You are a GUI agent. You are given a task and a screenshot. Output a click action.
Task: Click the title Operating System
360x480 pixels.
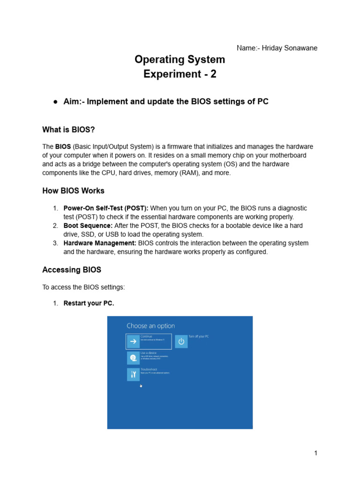180,60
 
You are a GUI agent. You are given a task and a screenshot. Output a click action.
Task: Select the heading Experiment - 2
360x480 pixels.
180,74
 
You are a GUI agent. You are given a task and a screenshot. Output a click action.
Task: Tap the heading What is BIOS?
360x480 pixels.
72,129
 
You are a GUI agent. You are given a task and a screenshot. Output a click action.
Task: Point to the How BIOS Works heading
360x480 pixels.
73,191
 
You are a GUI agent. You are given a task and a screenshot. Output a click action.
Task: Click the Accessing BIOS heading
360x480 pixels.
72,270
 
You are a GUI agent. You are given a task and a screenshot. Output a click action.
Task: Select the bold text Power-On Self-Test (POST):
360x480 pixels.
106,208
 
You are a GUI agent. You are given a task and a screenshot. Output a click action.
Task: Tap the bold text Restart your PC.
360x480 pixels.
89,303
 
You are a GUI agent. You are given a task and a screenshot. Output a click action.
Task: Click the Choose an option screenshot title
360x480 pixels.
150,326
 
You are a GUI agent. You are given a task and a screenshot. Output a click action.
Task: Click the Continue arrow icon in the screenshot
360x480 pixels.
133,341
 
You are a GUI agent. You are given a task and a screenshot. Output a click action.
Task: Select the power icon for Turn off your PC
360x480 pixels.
181,341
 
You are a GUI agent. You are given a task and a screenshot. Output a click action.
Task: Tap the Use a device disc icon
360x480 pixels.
133,358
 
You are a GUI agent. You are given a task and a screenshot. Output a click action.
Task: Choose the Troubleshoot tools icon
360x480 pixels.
133,374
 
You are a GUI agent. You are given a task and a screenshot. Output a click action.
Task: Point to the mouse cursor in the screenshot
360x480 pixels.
141,386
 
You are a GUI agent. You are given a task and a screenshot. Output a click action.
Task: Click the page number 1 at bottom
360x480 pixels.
316,453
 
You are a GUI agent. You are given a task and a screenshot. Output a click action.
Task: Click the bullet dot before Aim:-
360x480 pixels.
55,102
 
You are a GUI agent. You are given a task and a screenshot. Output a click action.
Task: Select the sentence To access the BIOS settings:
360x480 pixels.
83,286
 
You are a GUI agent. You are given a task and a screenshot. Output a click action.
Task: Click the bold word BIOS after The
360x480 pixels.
63,147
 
